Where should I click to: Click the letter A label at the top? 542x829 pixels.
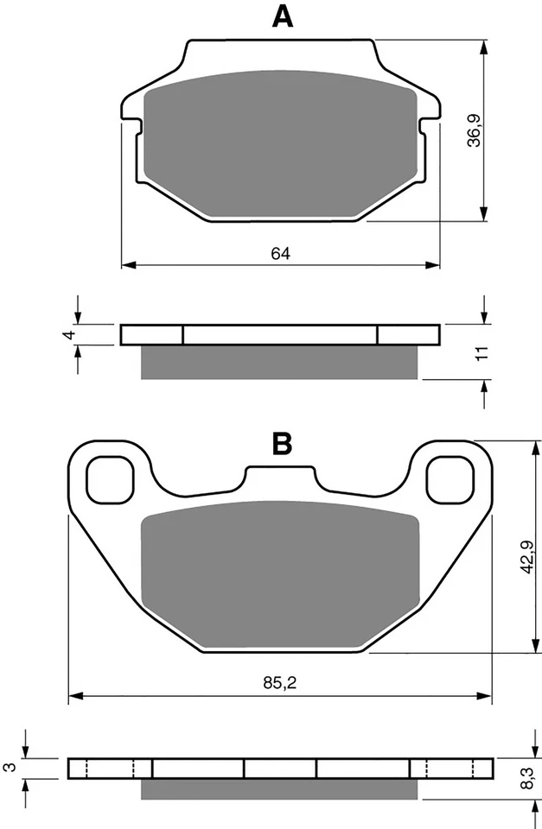pyautogui.click(x=281, y=16)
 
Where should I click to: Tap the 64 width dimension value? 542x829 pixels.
pyautogui.click(x=280, y=253)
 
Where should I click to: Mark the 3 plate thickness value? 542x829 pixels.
pyautogui.click(x=10, y=767)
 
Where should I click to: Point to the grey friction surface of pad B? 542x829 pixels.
pyautogui.click(x=280, y=574)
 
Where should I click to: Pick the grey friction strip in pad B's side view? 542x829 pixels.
pyautogui.click(x=280, y=789)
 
